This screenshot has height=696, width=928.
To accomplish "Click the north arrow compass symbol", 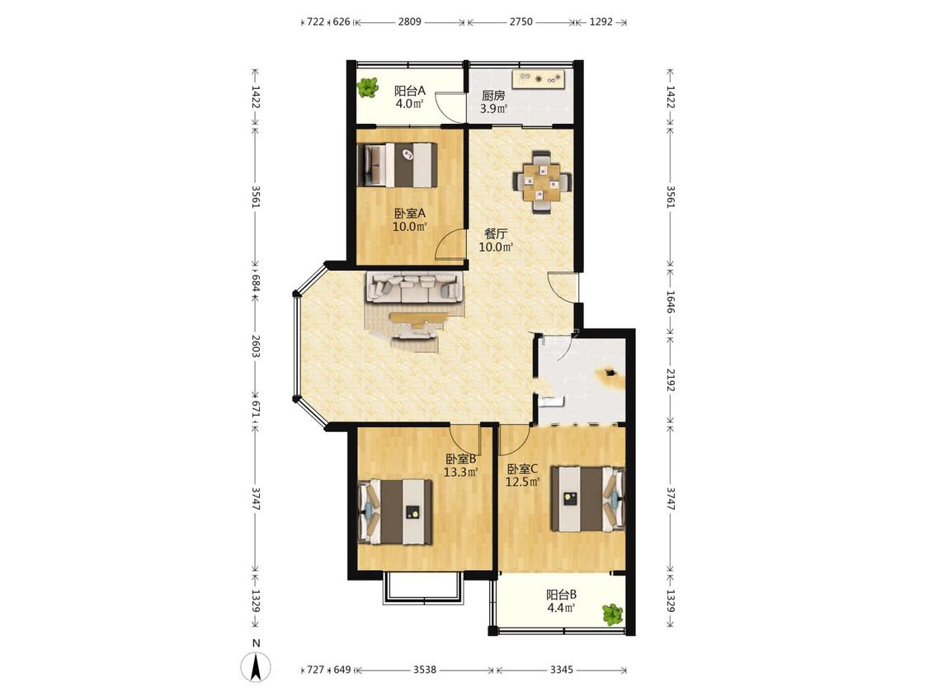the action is [x=256, y=668].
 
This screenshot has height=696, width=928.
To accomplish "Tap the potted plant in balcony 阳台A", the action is [x=368, y=88].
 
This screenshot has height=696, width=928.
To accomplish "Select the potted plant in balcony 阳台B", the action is [x=613, y=614].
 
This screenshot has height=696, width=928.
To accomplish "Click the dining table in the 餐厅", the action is [x=543, y=181].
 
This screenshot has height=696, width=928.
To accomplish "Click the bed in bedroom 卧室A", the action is [x=400, y=165].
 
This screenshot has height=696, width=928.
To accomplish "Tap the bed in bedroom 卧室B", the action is [x=395, y=511].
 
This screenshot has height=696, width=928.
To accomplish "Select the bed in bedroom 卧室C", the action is [x=587, y=499].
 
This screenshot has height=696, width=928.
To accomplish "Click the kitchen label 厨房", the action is [x=493, y=96].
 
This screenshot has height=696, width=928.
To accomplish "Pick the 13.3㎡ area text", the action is [x=461, y=472].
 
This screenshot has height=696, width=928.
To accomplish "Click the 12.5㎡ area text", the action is [x=523, y=482].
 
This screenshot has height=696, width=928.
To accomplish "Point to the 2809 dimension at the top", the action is [x=409, y=22].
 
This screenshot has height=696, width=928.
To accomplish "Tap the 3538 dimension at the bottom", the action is [x=425, y=670].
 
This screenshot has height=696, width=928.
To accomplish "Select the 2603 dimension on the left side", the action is [x=255, y=346].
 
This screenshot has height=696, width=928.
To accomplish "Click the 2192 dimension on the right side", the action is [x=671, y=380].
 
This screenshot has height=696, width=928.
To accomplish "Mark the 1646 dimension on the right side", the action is [x=671, y=302].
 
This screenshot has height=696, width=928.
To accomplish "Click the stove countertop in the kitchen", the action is [x=539, y=78].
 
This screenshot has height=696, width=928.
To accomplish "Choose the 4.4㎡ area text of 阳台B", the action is [x=561, y=608].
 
